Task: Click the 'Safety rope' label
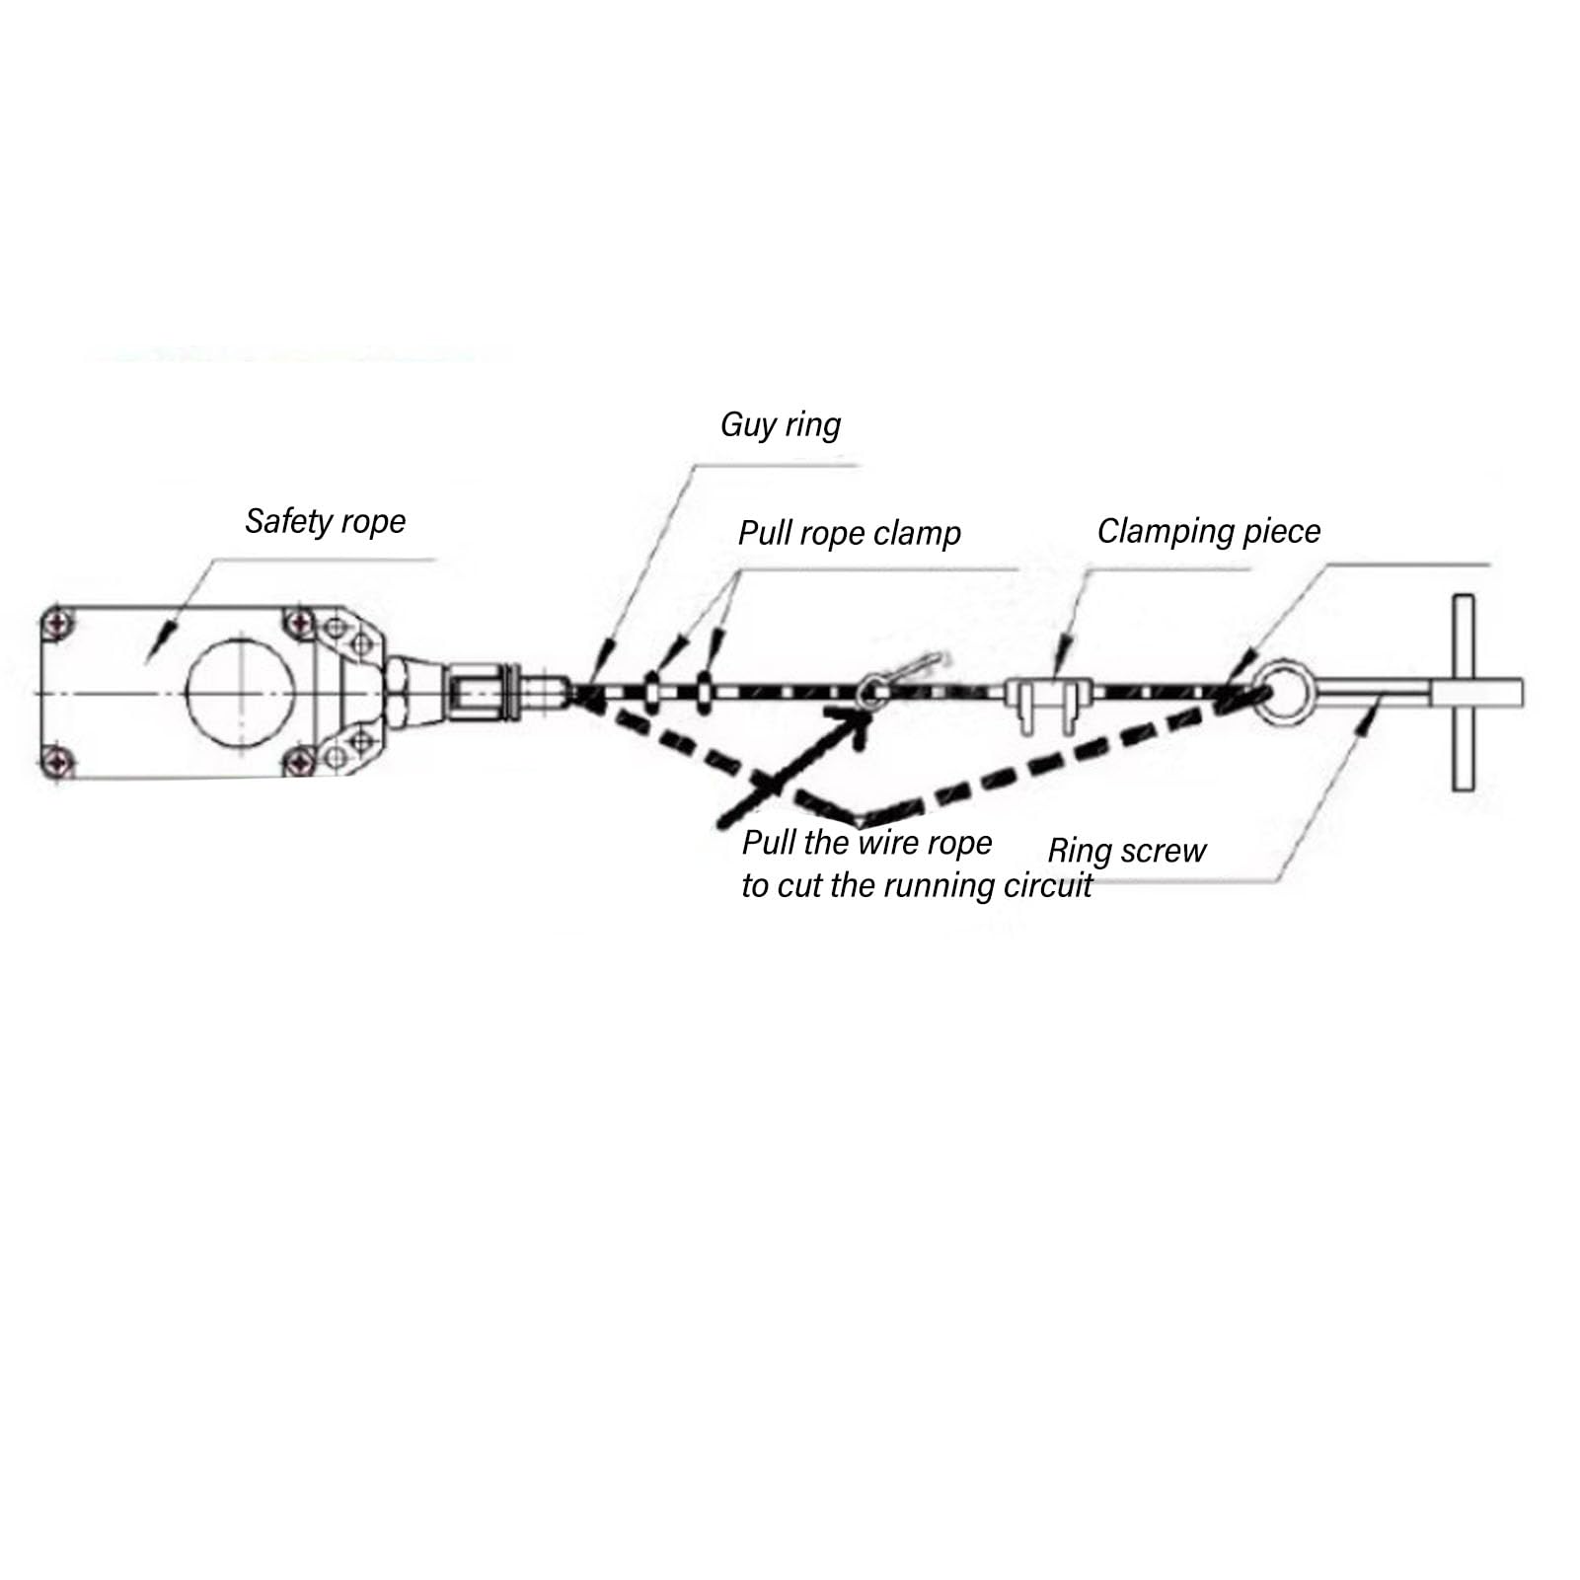[325, 521]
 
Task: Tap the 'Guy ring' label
[781, 425]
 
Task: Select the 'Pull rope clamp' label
[850, 534]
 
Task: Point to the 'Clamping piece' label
[1209, 532]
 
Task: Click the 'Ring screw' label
[1127, 851]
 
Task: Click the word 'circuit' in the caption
[1048, 885]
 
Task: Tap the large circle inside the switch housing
[240, 692]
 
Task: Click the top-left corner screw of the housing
[60, 625]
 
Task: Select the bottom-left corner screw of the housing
[60, 761]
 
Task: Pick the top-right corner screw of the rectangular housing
[299, 624]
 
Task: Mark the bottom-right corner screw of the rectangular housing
[299, 761]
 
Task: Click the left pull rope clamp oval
[652, 691]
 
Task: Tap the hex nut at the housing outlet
[394, 691]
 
